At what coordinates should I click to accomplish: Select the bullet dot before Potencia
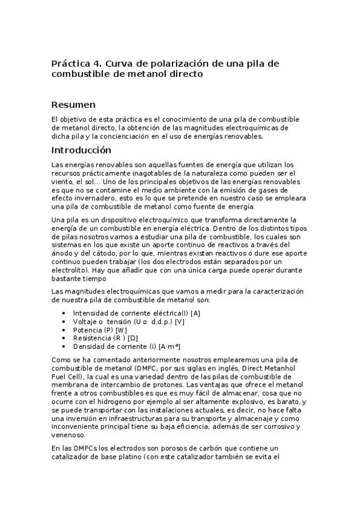64,330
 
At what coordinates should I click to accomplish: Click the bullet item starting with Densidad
126,346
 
